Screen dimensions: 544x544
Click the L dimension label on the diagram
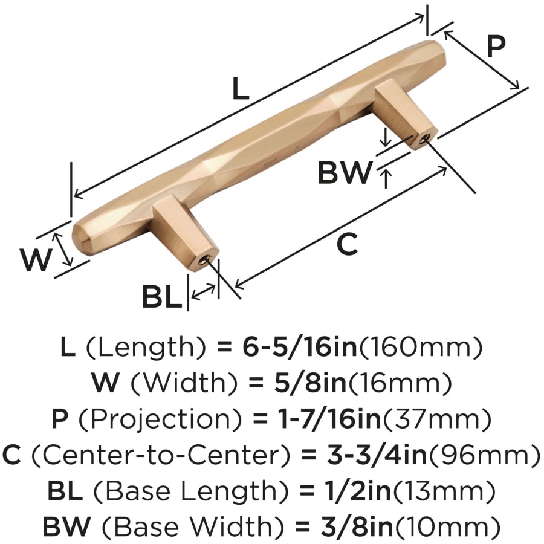(x=241, y=88)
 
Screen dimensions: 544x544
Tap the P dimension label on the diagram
(x=496, y=47)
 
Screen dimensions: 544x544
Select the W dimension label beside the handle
(x=36, y=260)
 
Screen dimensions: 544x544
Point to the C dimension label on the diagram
(x=348, y=244)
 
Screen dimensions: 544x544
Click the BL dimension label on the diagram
(x=162, y=297)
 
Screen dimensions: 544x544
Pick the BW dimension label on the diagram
(x=345, y=172)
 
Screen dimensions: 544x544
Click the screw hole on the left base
(x=205, y=259)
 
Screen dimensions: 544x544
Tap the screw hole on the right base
(x=423, y=139)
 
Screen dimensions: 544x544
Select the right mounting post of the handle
(x=404, y=114)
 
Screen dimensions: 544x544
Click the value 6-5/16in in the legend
(x=300, y=347)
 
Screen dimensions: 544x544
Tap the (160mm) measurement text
(x=420, y=348)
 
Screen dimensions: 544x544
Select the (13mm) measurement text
(x=444, y=491)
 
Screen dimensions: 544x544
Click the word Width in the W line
(x=185, y=383)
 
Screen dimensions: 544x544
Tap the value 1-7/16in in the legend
(x=329, y=419)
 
